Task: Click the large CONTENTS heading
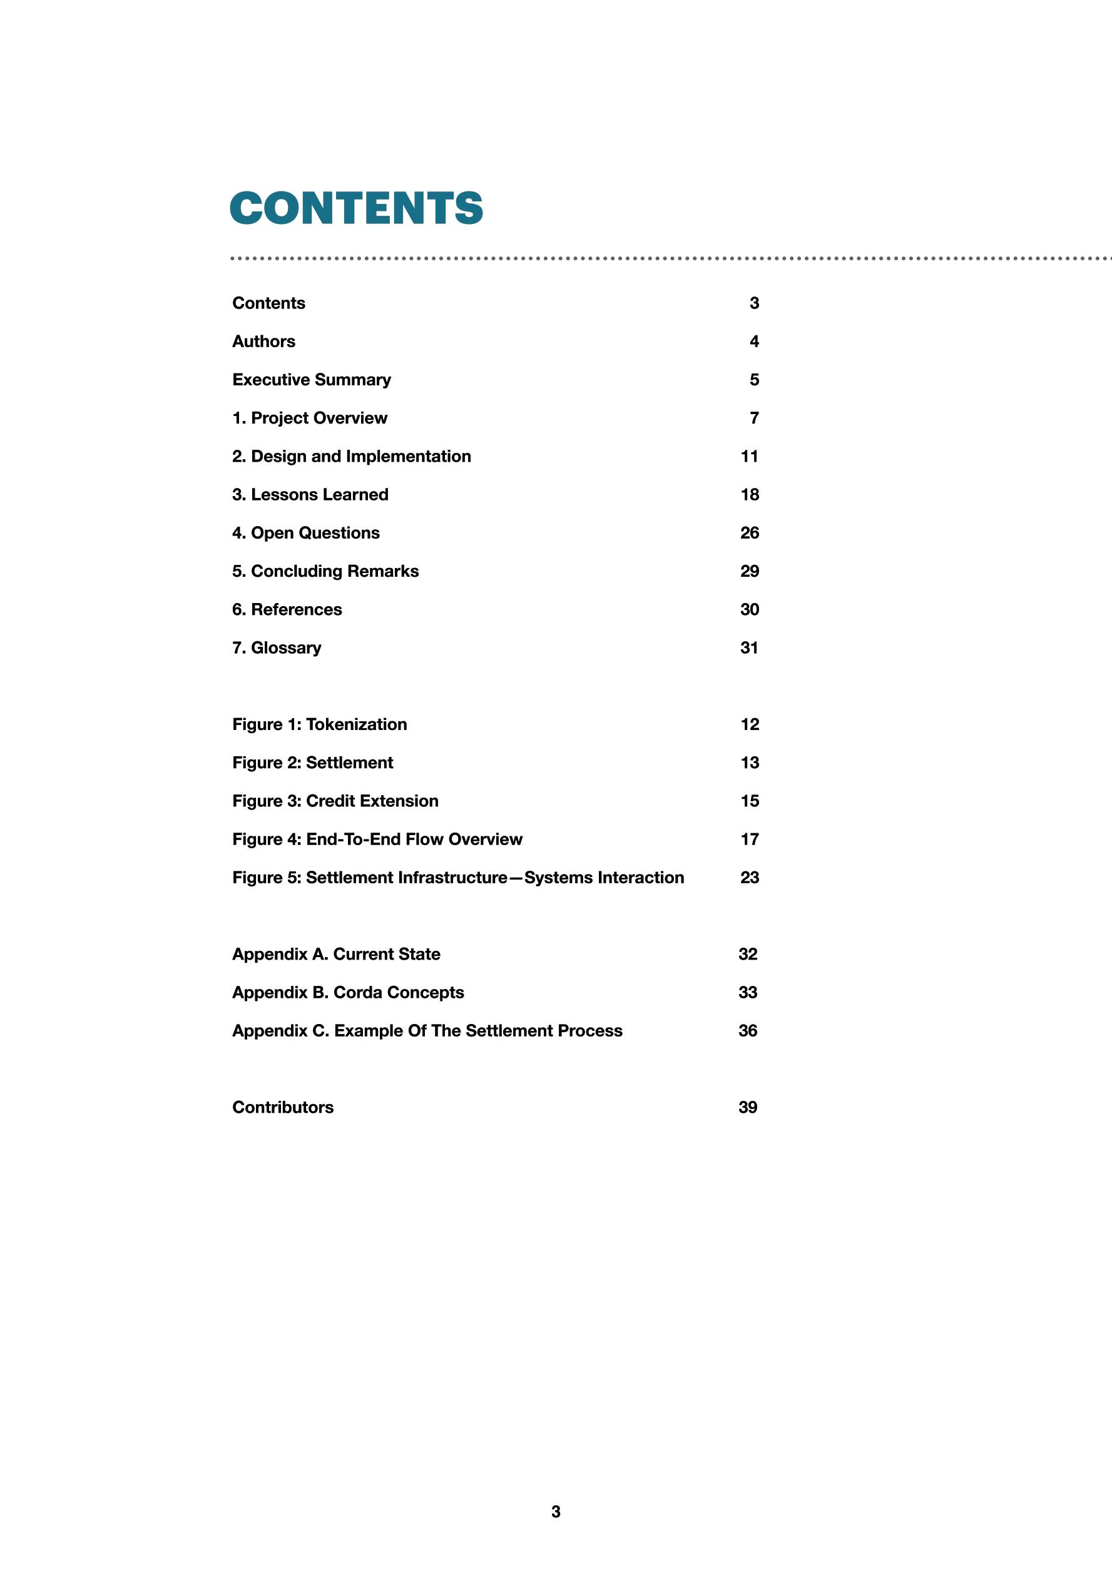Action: point(356,208)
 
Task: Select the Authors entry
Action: point(263,342)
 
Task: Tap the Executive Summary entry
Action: point(312,380)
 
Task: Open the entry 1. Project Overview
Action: point(310,418)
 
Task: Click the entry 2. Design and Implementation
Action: point(351,457)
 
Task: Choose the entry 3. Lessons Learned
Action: point(310,495)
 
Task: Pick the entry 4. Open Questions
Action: point(305,534)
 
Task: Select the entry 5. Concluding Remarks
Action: point(325,572)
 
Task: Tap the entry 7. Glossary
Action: point(277,649)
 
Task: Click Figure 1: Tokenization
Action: point(319,725)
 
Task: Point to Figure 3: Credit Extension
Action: point(335,802)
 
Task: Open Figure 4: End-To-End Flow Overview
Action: point(377,840)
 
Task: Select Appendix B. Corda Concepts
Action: point(348,993)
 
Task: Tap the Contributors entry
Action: point(283,1108)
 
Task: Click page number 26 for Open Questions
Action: point(749,534)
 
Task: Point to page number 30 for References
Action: point(749,610)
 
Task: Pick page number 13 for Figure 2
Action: point(749,763)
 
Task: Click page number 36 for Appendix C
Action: point(747,1031)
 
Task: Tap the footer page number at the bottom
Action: point(556,1512)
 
